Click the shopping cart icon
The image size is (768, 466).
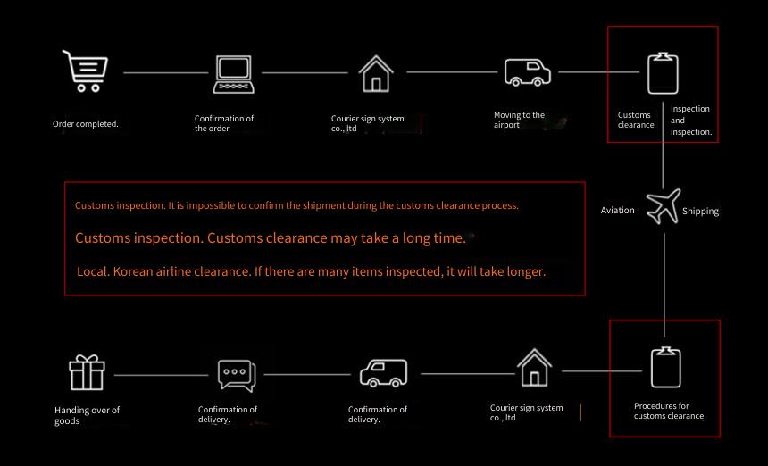pos(85,71)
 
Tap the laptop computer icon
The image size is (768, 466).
pos(234,74)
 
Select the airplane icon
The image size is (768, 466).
pos(664,206)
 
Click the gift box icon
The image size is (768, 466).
pos(87,372)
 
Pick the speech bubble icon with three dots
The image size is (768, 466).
pos(237,376)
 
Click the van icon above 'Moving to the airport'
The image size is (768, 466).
pos(528,72)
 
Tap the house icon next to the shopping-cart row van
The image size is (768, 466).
pos(376,74)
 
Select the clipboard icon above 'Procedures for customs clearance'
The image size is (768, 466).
pos(665,367)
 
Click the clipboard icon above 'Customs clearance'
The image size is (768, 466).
pos(663,73)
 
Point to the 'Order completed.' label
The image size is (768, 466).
pos(86,124)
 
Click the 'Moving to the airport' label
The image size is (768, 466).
pos(519,120)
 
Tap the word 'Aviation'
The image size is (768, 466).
pos(618,210)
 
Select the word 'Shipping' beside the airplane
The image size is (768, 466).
pos(700,211)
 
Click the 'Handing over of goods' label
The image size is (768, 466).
pos(88,416)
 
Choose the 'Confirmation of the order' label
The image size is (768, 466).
pos(224,123)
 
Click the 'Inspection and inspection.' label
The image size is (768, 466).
pos(691,121)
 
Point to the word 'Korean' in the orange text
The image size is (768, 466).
pos(133,271)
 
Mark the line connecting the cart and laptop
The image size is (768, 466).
pos(165,73)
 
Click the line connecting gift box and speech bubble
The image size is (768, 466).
pos(161,376)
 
